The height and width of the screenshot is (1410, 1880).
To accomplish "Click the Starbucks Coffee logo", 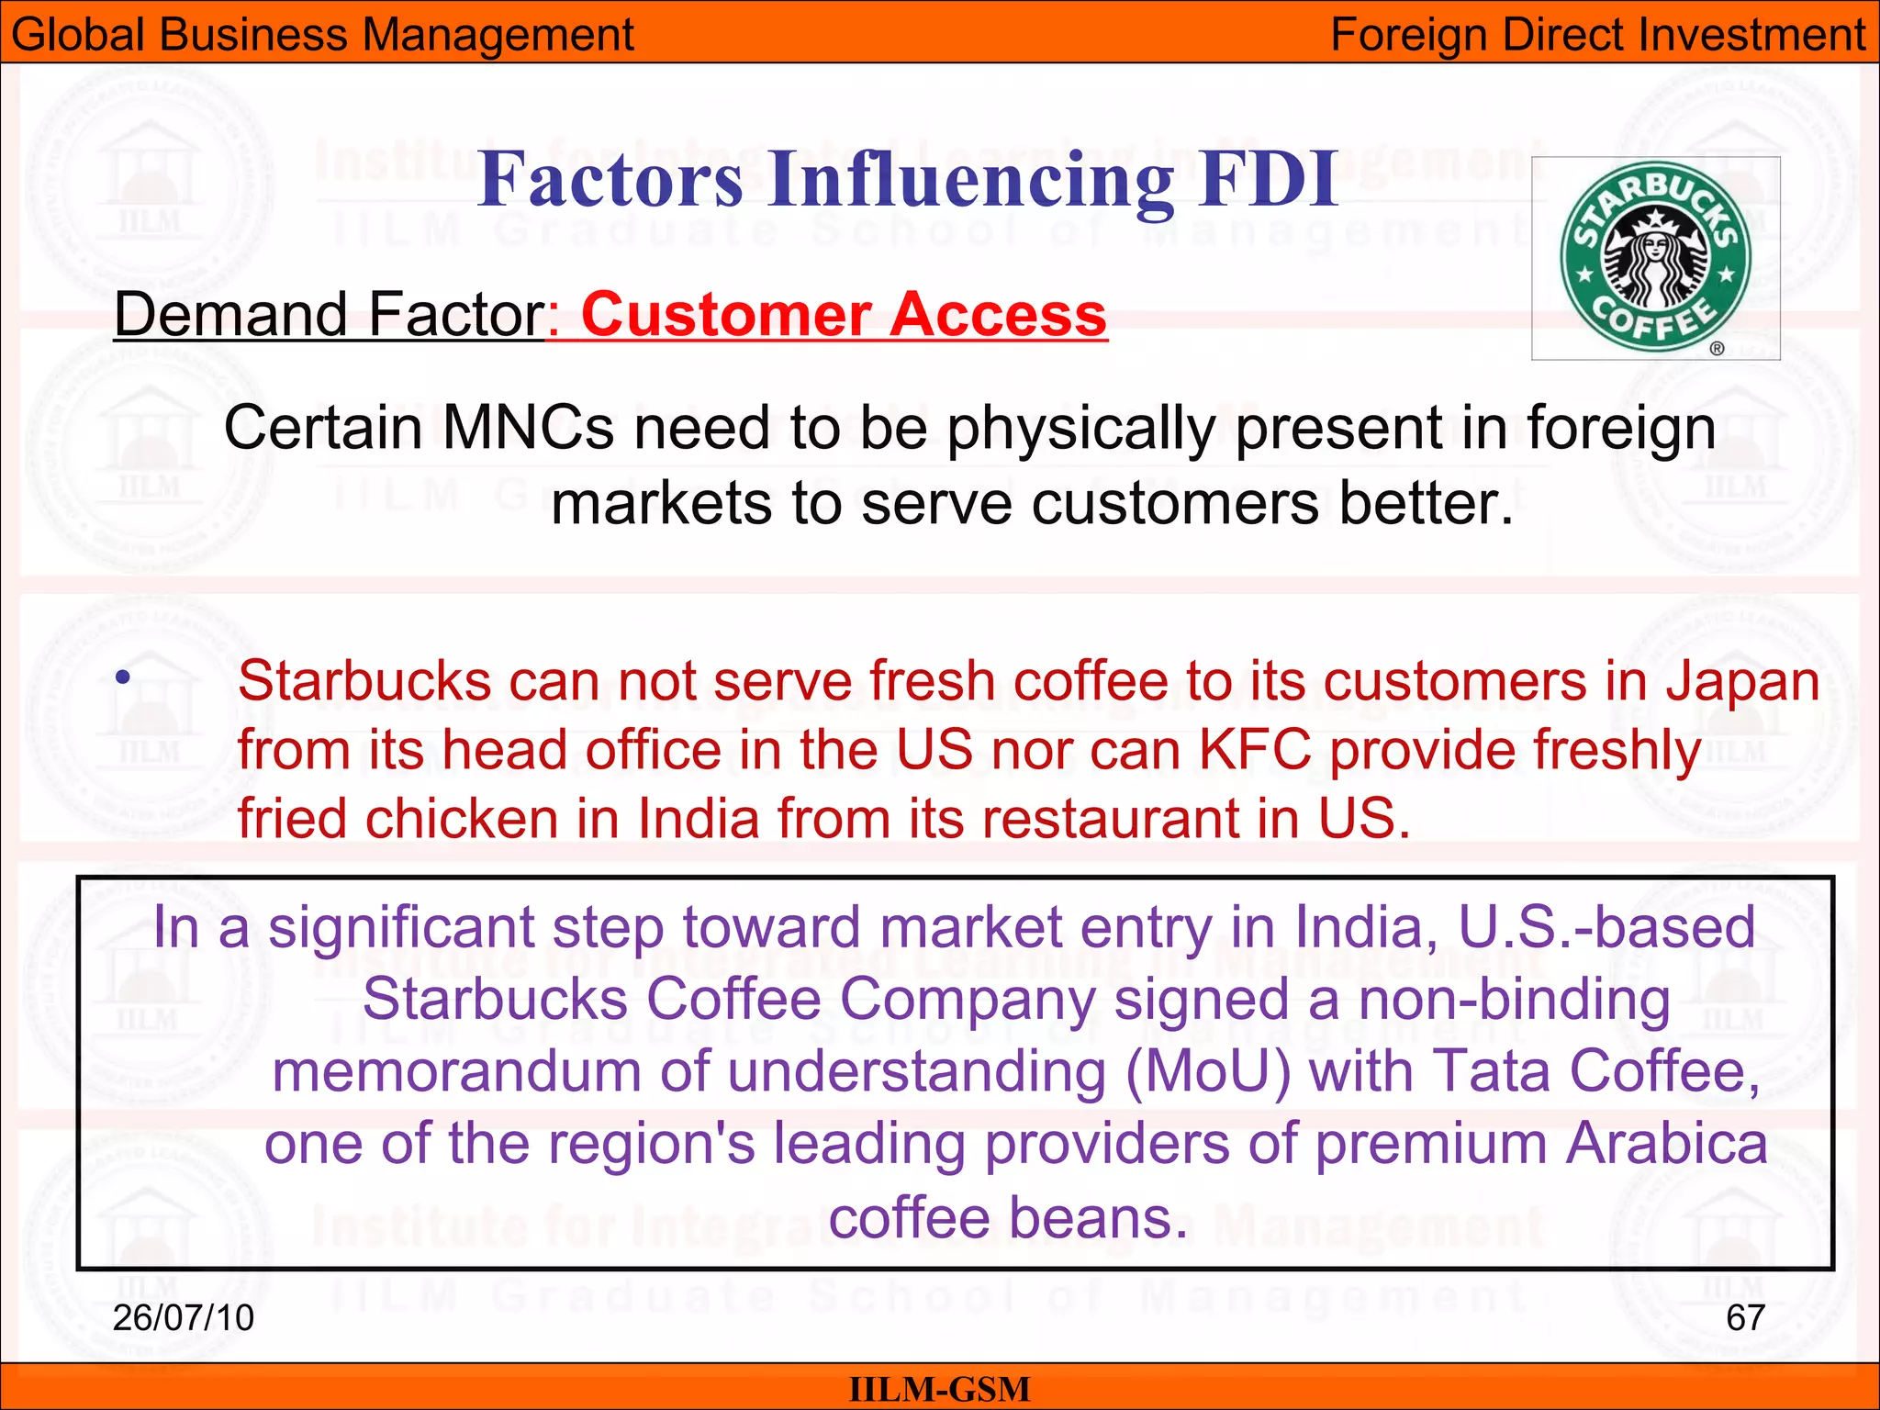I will click(1655, 258).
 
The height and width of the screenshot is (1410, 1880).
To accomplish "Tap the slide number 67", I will click(1745, 1318).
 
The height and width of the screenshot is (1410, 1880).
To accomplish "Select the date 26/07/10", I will click(183, 1318).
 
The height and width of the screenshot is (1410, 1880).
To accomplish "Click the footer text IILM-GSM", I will click(939, 1389).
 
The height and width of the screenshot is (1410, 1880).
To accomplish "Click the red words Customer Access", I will click(844, 315).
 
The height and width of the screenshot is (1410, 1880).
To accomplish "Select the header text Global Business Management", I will click(322, 35).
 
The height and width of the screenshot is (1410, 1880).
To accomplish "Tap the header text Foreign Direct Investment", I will click(1597, 35).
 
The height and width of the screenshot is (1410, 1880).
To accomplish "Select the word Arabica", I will click(1666, 1145).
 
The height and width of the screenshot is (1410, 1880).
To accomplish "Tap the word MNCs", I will click(528, 428).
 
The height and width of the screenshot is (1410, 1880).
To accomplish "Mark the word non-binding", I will click(1514, 1000).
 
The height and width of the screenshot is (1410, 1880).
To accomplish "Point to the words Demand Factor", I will click(330, 315).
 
